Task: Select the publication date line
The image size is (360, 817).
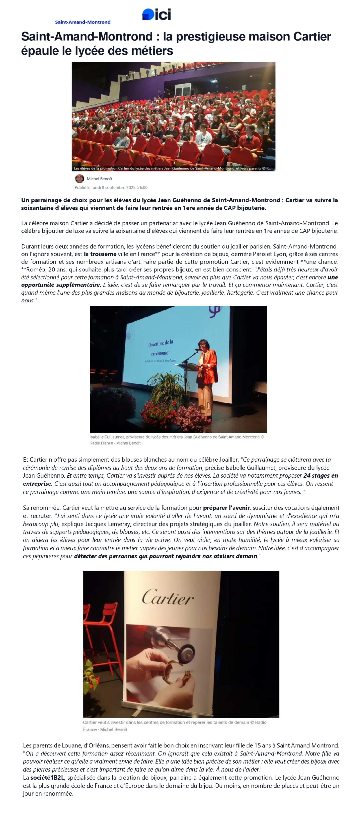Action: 111,187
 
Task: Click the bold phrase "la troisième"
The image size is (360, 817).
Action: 100,254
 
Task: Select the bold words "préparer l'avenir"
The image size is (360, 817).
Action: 226,508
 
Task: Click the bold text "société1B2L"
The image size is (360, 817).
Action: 47,778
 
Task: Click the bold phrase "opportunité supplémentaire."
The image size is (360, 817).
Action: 61,285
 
